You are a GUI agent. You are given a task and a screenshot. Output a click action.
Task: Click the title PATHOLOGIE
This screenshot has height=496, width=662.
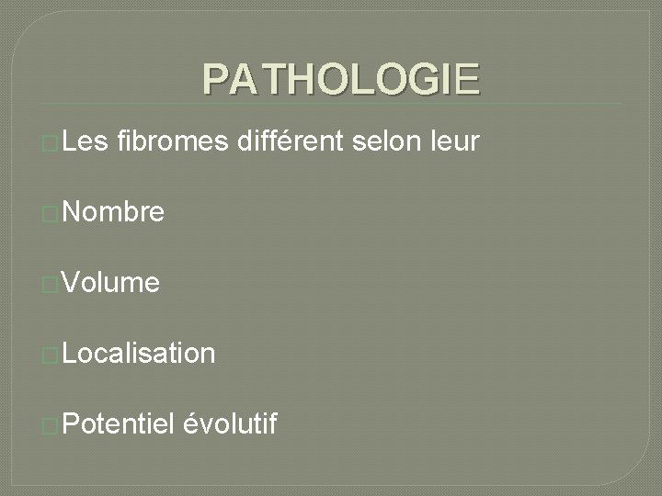click(341, 80)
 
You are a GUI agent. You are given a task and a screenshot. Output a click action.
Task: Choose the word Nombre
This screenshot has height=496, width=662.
click(115, 214)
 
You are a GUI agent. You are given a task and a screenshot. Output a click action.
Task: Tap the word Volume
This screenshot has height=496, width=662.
click(113, 284)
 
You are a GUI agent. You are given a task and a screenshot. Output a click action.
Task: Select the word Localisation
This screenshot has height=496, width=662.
click(141, 354)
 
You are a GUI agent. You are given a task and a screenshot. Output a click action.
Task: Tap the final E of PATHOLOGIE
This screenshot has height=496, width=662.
click(467, 80)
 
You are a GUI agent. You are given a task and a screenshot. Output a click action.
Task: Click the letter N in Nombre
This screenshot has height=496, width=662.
click(74, 214)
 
